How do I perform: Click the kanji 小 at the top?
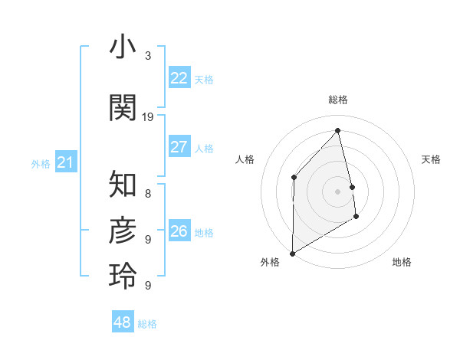pyautogui.click(x=123, y=48)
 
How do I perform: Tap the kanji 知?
pyautogui.click(x=123, y=184)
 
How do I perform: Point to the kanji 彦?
pyautogui.click(x=123, y=230)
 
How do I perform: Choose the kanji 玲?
pyautogui.click(x=123, y=276)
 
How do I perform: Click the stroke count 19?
pyautogui.click(x=148, y=117)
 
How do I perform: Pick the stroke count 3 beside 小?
pyautogui.click(x=148, y=56)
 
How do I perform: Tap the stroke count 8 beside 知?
pyautogui.click(x=148, y=194)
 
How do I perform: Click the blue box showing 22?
pyautogui.click(x=179, y=78)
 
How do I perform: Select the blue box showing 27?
pyautogui.click(x=179, y=147)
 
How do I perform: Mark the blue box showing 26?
pyautogui.click(x=179, y=231)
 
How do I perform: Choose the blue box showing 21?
pyautogui.click(x=66, y=162)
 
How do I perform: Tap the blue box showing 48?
pyautogui.click(x=123, y=322)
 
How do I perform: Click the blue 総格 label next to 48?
pyautogui.click(x=147, y=324)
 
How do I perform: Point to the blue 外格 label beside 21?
pyautogui.click(x=41, y=164)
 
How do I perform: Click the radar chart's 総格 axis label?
pyautogui.click(x=337, y=100)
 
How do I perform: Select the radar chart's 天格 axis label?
pyautogui.click(x=431, y=159)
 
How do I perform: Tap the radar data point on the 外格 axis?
pyautogui.click(x=292, y=253)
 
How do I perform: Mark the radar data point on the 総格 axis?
pyautogui.click(x=337, y=130)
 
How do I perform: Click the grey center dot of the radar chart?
pyautogui.click(x=337, y=191)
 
